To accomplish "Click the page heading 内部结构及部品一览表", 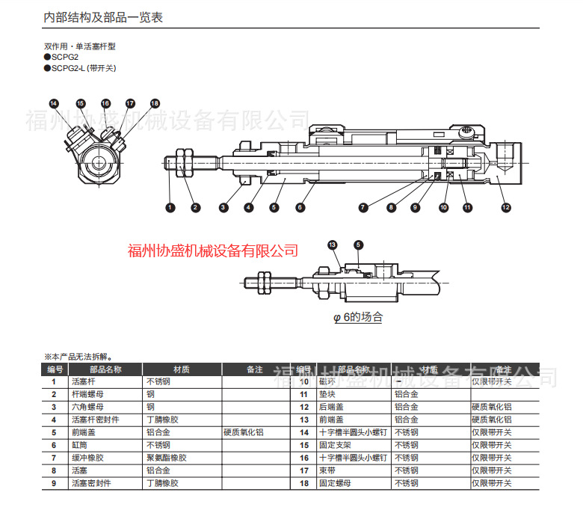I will (x=103, y=17).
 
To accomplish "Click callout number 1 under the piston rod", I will (x=170, y=207).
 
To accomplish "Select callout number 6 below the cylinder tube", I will (x=300, y=207).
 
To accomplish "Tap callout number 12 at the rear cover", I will (x=506, y=207).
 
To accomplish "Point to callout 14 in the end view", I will (x=54, y=103).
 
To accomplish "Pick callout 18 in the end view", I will (x=155, y=103).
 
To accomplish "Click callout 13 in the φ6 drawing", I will (x=333, y=245).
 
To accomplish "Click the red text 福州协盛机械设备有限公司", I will (x=213, y=251).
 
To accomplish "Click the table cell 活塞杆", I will (x=84, y=381).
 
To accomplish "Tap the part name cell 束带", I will (x=327, y=470).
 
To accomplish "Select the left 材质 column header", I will (x=182, y=369).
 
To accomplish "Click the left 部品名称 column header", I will (x=105, y=369).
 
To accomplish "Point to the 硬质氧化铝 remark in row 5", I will (x=244, y=432).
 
